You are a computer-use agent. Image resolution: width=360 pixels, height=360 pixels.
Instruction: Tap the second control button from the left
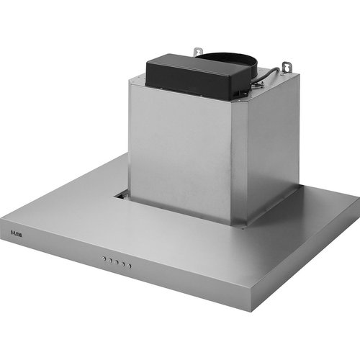tap(111, 261)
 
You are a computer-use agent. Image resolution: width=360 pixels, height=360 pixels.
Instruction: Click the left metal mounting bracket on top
tap(197, 52)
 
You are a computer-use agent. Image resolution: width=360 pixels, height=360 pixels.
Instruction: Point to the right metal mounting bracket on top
tap(287, 66)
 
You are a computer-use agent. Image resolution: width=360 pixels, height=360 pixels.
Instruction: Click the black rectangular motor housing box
tap(191, 77)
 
